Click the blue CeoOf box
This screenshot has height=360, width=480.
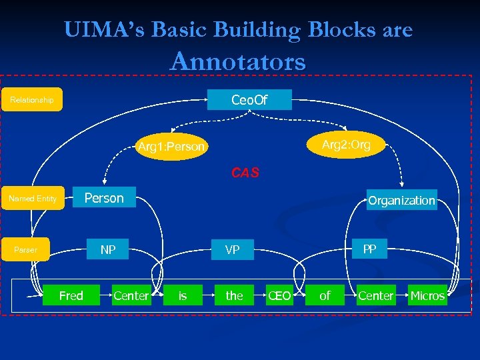point(249,99)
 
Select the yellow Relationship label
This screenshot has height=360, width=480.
point(32,99)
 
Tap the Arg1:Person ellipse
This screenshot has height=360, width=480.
point(171,146)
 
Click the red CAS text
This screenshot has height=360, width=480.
point(245,173)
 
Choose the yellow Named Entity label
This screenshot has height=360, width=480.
point(32,198)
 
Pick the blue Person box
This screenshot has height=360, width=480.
point(103,198)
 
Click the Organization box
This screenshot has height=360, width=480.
point(401,199)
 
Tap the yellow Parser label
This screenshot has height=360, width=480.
point(26,250)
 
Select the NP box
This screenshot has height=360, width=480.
point(108,250)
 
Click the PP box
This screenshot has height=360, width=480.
point(369,249)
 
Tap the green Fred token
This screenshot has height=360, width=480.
point(71,295)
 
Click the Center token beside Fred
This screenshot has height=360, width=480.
point(131,295)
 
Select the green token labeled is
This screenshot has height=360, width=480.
point(183,295)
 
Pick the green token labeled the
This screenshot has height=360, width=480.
point(234,295)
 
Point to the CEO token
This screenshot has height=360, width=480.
point(279,295)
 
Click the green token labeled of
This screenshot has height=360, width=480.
point(325,295)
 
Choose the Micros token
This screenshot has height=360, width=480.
point(427,295)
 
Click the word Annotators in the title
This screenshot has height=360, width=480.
point(238,61)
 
